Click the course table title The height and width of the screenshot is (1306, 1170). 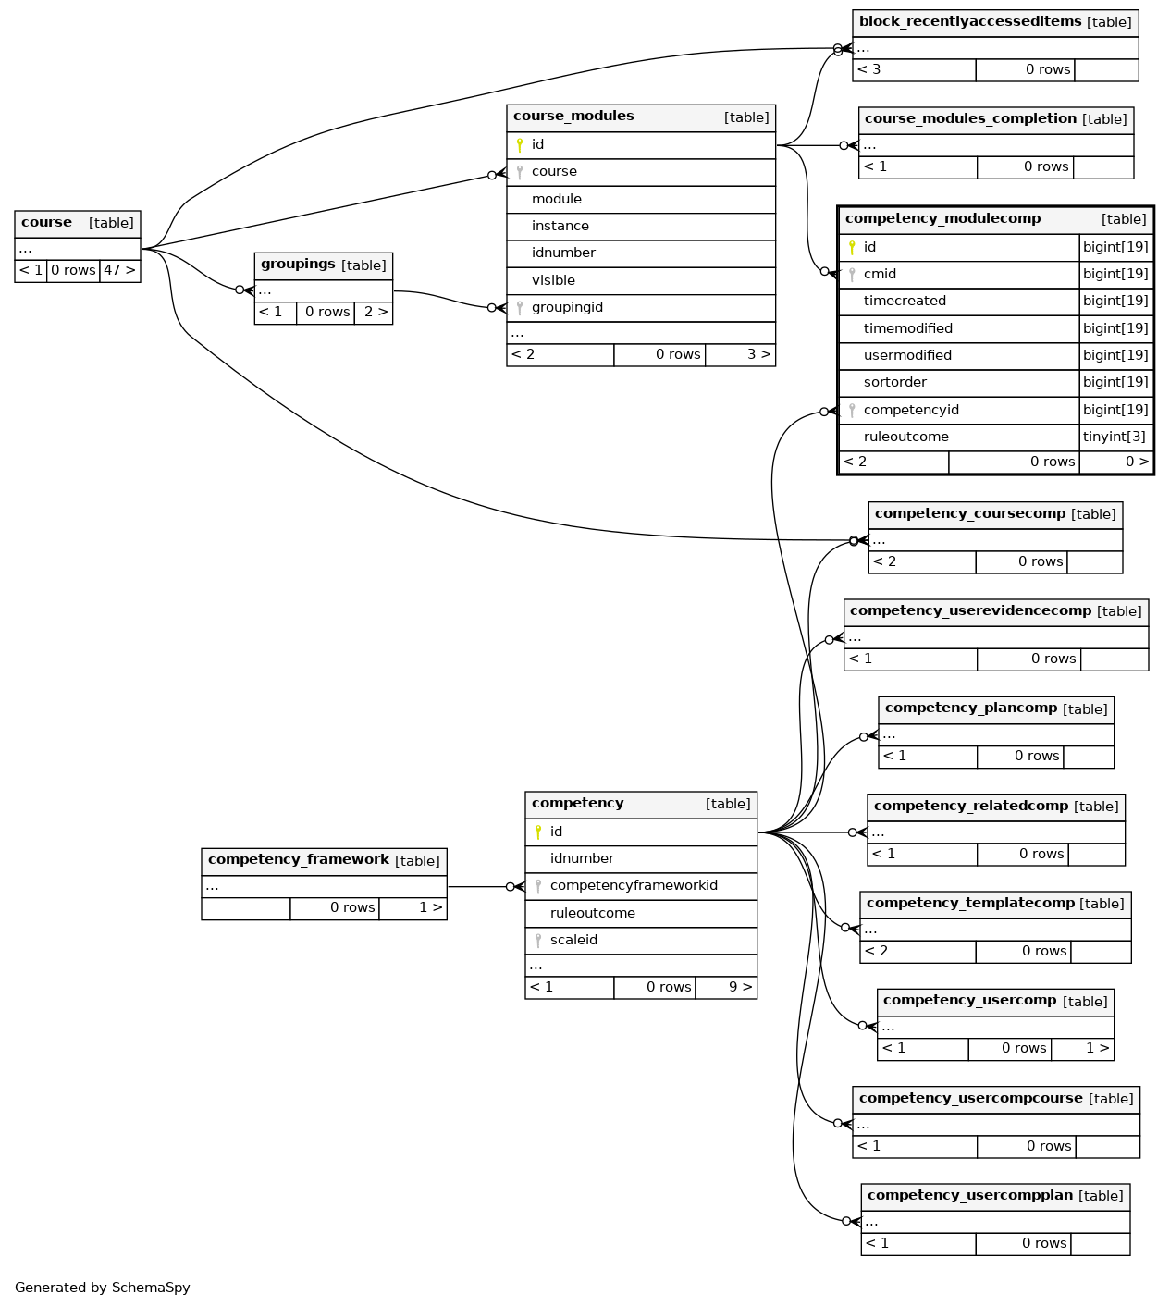pyautogui.click(x=46, y=222)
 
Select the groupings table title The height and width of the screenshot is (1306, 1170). pyautogui.click(x=298, y=265)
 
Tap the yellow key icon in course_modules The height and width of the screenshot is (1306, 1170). pyautogui.click(x=520, y=145)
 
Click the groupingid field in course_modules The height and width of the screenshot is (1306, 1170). pyautogui.click(x=567, y=307)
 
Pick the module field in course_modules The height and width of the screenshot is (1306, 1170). pyautogui.click(x=556, y=199)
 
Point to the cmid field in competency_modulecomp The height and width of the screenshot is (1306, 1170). pyautogui.click(x=880, y=274)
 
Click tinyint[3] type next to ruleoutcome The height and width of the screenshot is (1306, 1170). pyautogui.click(x=1114, y=437)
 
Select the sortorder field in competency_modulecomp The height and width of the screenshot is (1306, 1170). pyautogui.click(x=894, y=382)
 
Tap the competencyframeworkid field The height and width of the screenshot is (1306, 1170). pyautogui.click(x=634, y=886)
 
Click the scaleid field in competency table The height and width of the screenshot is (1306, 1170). pyautogui.click(x=573, y=940)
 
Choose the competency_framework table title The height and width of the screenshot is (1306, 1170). pyautogui.click(x=299, y=860)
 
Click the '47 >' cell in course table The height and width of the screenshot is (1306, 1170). pyautogui.click(x=120, y=270)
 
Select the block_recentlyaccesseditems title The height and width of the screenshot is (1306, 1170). pyautogui.click(x=970, y=21)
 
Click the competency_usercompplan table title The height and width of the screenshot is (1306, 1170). pyautogui.click(x=970, y=1195)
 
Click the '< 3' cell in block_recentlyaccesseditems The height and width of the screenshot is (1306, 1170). pyautogui.click(x=869, y=69)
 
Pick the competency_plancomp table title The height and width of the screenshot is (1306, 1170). pyautogui.click(x=971, y=708)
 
